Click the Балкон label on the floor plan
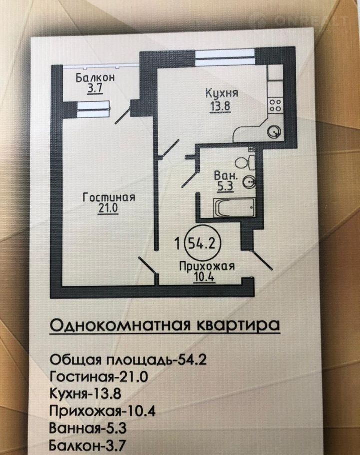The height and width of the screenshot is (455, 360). point(95,78)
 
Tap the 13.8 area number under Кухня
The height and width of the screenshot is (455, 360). point(220,106)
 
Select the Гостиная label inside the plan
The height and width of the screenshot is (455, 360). point(109,197)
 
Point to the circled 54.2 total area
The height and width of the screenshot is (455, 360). point(202,243)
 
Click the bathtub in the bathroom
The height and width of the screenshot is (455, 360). point(234,208)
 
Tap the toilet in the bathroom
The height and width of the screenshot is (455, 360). point(245,162)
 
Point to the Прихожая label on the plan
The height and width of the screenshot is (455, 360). point(207,266)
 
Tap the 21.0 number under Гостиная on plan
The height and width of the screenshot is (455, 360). point(108,209)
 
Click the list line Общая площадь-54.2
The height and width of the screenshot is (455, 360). point(128,360)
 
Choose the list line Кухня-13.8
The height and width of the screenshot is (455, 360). point(85,394)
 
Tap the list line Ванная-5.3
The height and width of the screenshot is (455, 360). point(88,428)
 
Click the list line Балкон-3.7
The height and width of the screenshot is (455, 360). point(87,445)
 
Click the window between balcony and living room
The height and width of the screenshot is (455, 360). point(93,109)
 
